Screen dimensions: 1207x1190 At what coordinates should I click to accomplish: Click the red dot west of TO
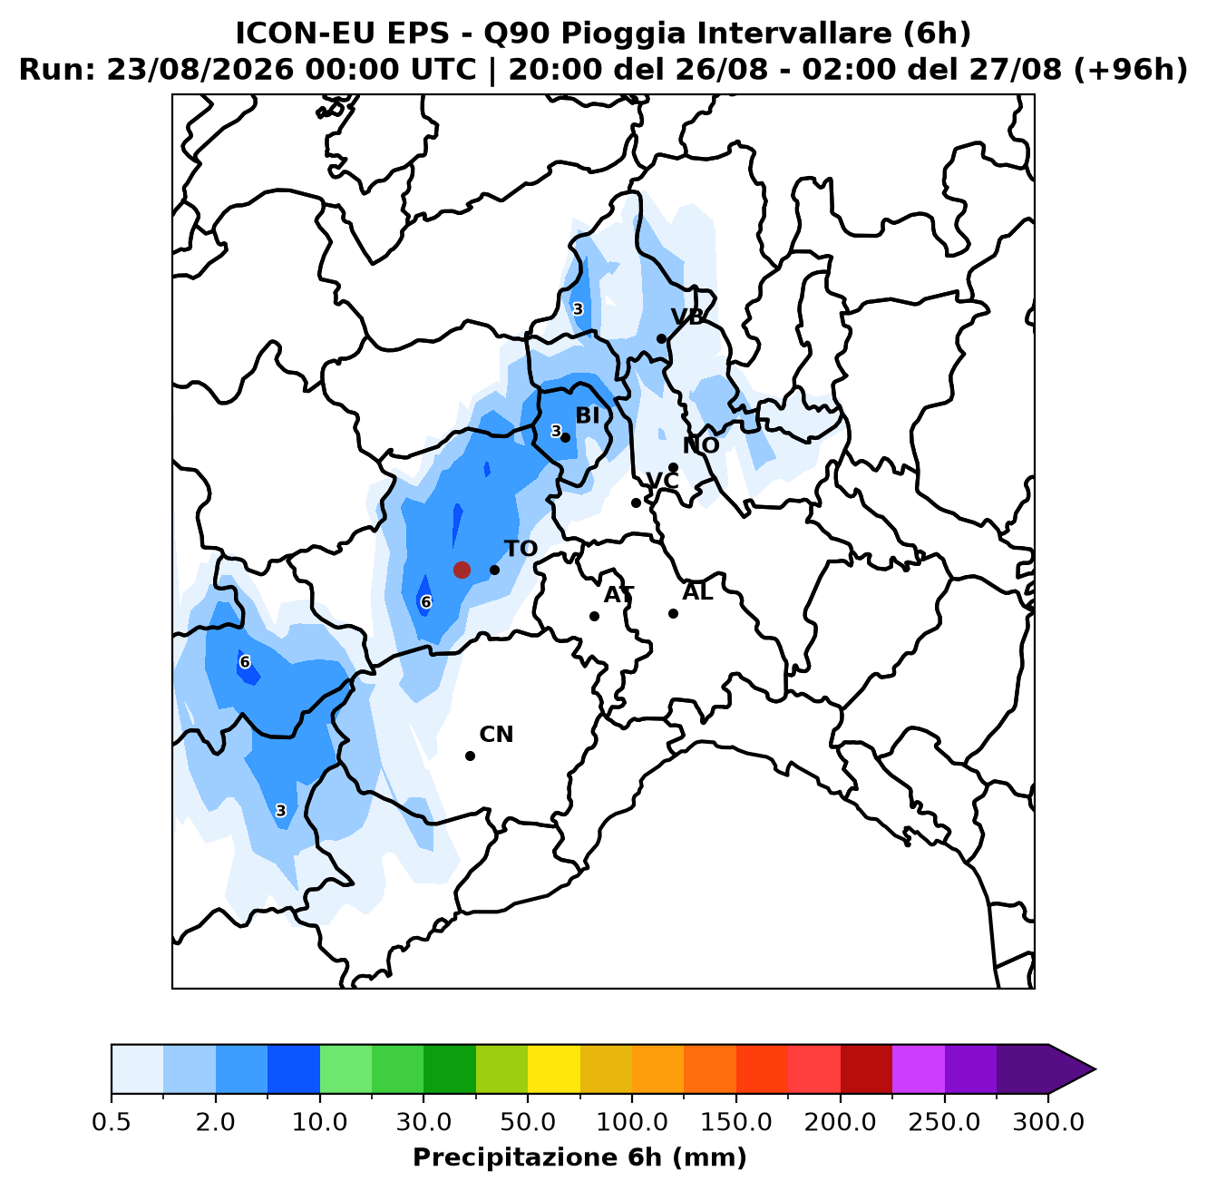click(462, 570)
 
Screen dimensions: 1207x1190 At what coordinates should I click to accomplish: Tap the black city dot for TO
click(494, 570)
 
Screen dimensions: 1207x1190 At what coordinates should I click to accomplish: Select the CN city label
click(496, 735)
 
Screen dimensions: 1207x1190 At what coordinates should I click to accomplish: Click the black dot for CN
click(470, 756)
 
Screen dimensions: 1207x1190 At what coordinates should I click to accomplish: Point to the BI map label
click(588, 415)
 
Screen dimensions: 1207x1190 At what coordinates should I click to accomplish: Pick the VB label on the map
click(687, 317)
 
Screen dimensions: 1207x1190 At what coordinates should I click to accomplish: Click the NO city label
click(701, 445)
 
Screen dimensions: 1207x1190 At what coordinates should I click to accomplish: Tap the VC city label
click(662, 481)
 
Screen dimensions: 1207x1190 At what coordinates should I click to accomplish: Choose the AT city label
click(619, 595)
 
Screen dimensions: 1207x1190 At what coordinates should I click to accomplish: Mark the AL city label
click(697, 592)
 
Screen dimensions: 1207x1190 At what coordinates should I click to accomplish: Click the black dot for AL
click(674, 613)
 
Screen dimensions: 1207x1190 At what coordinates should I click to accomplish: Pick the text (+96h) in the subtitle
click(1131, 70)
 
